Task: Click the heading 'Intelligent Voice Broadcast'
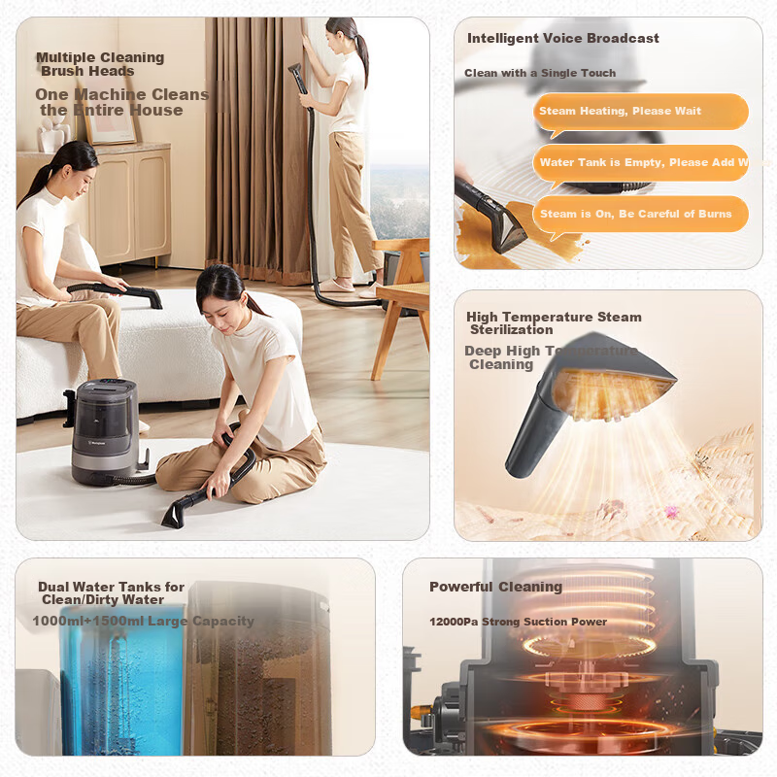(x=563, y=39)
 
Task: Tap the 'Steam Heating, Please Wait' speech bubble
(x=640, y=112)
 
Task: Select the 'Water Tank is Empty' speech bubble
(x=640, y=162)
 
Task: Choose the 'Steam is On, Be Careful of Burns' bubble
(x=640, y=214)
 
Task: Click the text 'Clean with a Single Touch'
(x=540, y=73)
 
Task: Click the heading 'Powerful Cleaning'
(x=495, y=587)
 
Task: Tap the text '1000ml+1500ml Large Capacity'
(x=143, y=621)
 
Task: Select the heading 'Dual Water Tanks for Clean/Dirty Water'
(x=111, y=593)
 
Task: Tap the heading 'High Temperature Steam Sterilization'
(x=554, y=323)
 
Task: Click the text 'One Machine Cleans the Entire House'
(x=121, y=102)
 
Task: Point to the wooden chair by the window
(x=400, y=291)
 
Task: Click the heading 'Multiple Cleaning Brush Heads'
(x=100, y=64)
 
